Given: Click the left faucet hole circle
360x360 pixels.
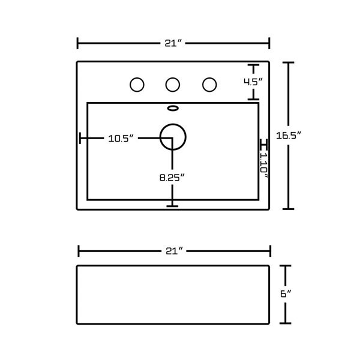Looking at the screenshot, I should (137, 85).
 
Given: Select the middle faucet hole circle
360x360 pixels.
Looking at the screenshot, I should (173, 85).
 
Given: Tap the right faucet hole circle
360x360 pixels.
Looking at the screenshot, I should (209, 85).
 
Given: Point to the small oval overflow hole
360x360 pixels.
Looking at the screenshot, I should (173, 109).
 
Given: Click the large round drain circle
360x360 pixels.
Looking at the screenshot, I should (173, 136).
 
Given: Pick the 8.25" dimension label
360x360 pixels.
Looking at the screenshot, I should (172, 177).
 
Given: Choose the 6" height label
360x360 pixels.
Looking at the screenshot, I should (286, 294).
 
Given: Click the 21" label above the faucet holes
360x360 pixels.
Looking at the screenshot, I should (173, 43).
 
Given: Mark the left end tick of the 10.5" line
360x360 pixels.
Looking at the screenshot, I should (80, 139).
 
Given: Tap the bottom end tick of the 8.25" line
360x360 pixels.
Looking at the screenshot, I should (173, 206).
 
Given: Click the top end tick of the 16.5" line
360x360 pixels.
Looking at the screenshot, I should (291, 62).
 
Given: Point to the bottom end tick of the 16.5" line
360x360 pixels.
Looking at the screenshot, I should (291, 209).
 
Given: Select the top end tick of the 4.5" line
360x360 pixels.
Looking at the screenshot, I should (254, 65).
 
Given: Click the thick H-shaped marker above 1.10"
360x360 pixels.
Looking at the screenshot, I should (263, 145).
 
